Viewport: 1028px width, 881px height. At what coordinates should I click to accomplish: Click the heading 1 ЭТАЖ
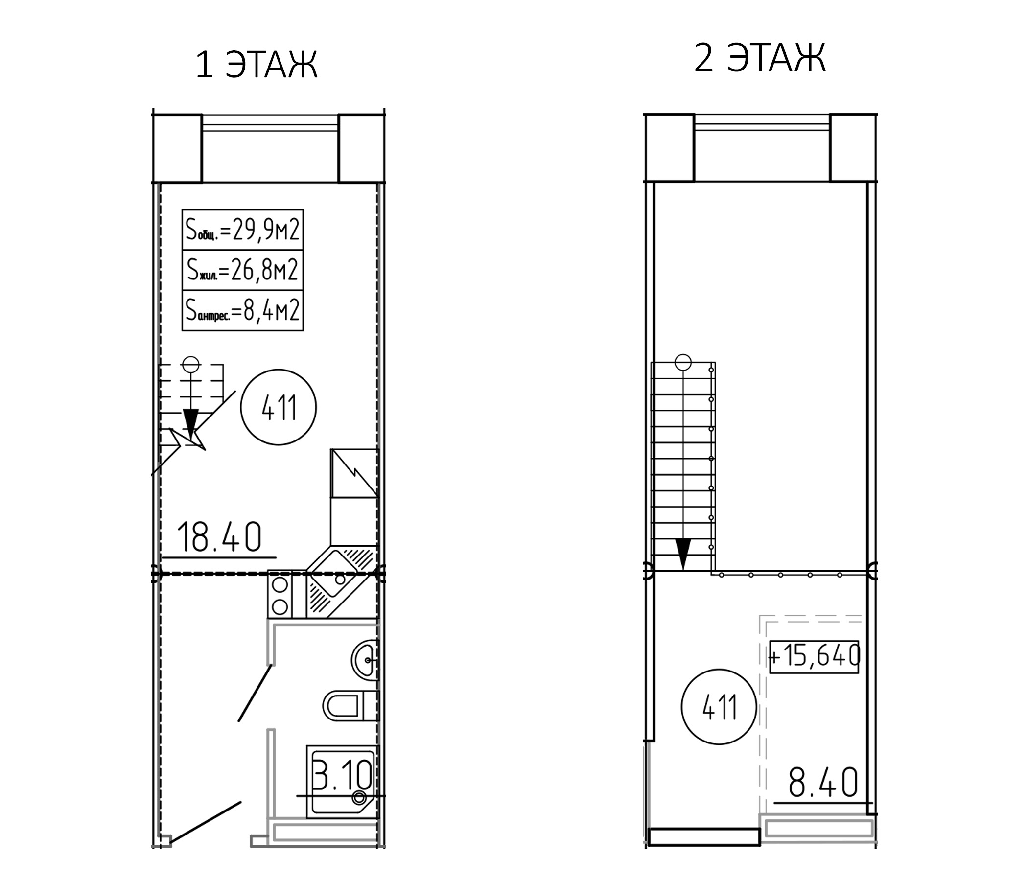click(256, 65)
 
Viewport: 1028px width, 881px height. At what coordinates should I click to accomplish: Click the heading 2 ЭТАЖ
click(760, 58)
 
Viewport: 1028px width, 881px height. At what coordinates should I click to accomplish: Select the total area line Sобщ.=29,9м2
click(243, 230)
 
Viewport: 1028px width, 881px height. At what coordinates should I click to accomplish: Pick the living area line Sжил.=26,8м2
click(243, 270)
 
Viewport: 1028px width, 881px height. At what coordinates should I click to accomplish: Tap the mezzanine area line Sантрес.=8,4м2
click(243, 310)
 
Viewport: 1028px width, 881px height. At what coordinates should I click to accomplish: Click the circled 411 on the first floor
click(279, 407)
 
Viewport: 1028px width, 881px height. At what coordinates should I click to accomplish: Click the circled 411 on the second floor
click(719, 707)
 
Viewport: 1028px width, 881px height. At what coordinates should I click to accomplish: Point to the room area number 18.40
click(219, 537)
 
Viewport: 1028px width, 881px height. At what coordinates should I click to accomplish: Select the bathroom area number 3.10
click(342, 774)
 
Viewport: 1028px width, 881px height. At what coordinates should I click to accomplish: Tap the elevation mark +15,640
click(814, 657)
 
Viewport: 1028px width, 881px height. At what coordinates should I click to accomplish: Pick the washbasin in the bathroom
click(365, 660)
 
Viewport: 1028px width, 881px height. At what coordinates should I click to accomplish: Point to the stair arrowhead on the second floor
click(683, 554)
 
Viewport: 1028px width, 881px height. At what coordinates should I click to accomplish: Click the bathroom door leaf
click(255, 693)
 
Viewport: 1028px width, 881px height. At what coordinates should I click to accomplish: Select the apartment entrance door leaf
click(206, 821)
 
